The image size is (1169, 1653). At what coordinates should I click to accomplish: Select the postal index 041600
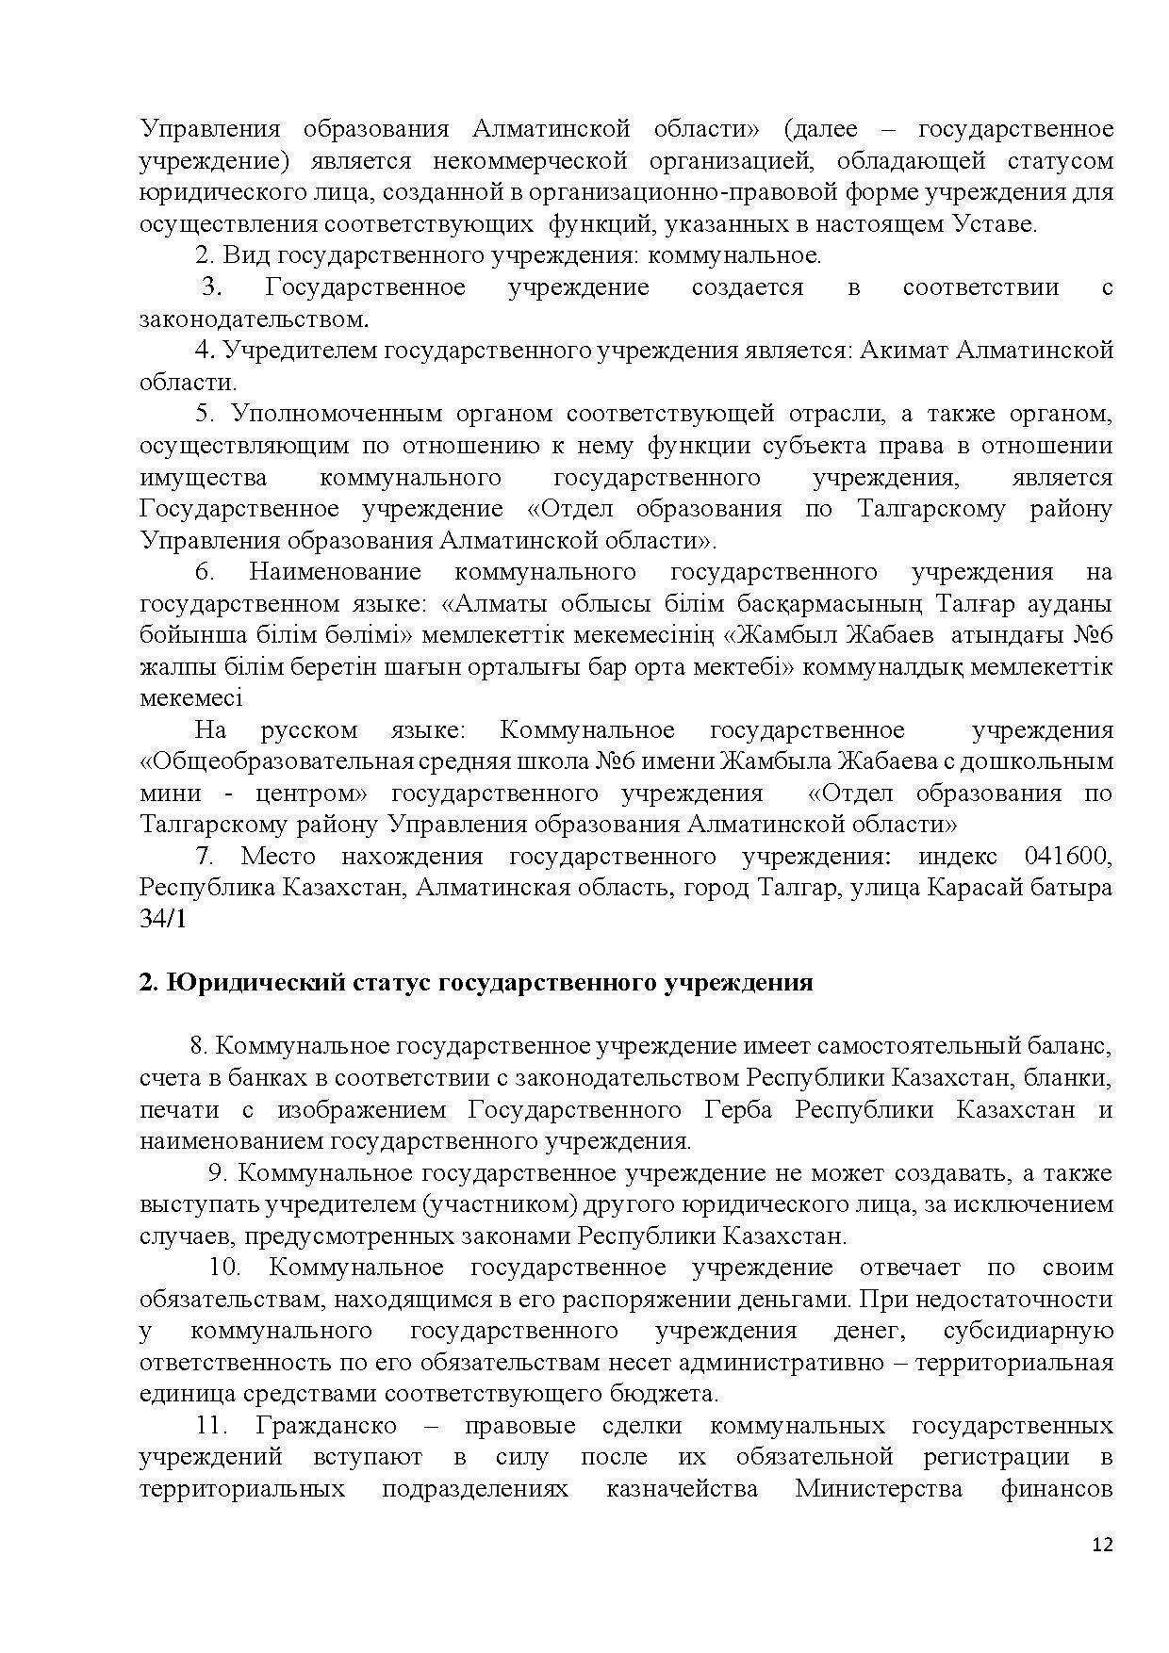(1066, 857)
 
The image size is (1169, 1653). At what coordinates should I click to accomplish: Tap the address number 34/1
(163, 920)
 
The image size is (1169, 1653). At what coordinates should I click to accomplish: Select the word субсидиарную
(1028, 1331)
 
